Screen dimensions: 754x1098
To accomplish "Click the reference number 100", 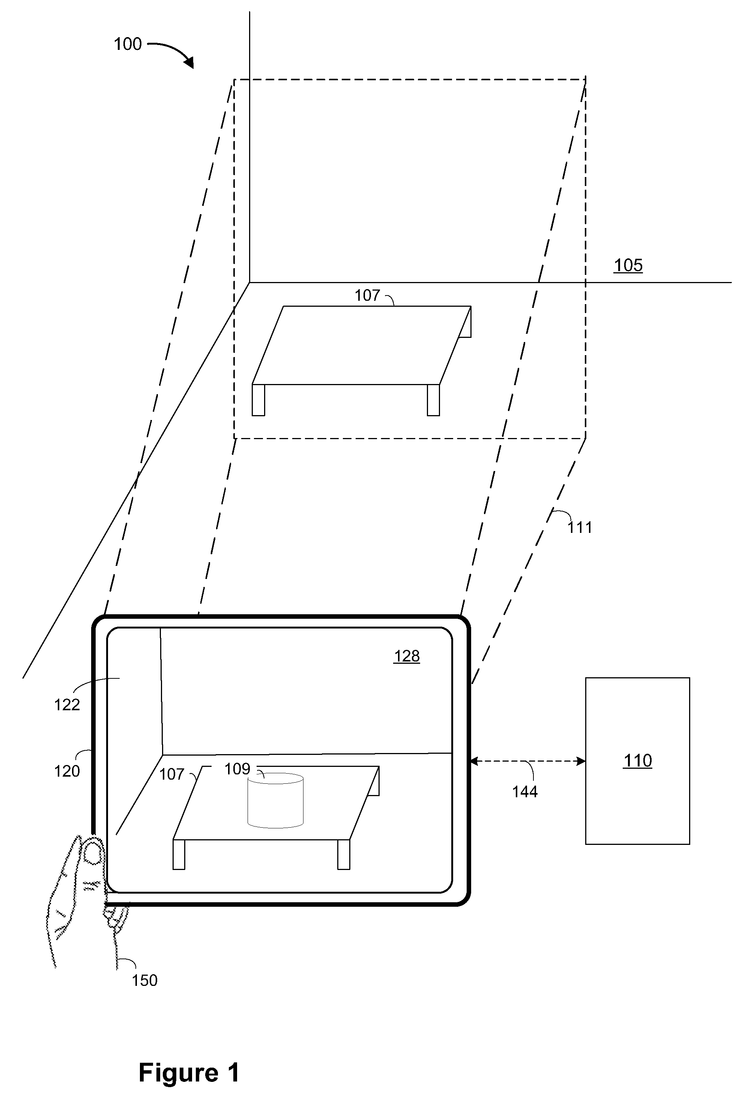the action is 128,44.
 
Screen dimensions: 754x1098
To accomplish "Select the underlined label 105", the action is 628,265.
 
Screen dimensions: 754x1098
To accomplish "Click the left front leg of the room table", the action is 258,400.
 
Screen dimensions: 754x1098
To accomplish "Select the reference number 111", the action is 580,527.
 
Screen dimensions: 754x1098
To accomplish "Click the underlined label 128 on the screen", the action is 407,656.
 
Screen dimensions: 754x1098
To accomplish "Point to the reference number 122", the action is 67,705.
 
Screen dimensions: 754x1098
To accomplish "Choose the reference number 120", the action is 67,771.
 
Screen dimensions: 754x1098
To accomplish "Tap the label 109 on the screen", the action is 237,769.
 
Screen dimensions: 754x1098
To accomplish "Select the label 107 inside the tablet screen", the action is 171,774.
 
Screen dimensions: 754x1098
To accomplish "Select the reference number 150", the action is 145,980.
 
